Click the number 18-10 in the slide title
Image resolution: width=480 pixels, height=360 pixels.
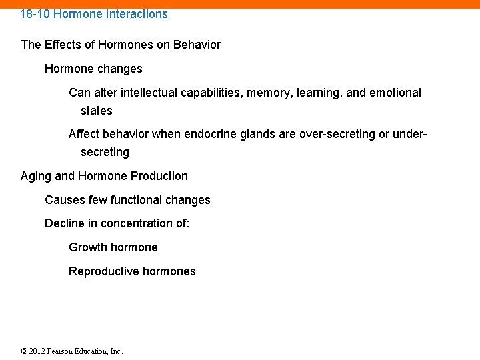(34, 13)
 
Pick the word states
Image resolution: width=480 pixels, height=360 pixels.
(97, 111)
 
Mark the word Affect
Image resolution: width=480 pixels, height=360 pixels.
(83, 134)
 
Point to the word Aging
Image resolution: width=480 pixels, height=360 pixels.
(35, 176)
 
